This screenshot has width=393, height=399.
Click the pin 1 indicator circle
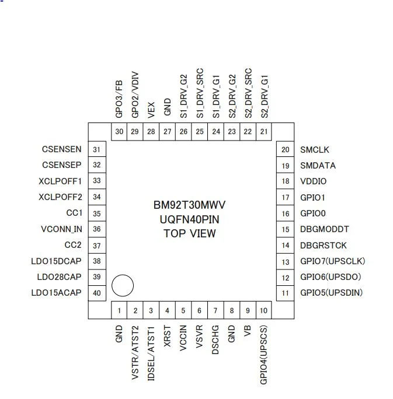point(123,286)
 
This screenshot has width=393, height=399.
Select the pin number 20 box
point(286,149)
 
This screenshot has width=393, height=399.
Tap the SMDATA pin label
point(318,166)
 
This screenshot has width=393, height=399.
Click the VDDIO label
point(313,181)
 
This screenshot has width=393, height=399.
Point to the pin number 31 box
point(97,149)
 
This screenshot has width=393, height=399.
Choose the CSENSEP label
point(62,165)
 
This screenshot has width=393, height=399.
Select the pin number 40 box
point(97,293)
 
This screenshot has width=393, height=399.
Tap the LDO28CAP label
point(59,276)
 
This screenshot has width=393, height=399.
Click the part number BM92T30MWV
point(190,206)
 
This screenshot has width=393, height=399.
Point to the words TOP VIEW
point(190,233)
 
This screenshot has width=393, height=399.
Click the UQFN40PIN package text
point(190,220)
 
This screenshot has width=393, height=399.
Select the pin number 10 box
point(264,310)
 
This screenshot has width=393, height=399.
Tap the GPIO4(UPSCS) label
point(264,354)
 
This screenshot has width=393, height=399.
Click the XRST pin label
point(168,337)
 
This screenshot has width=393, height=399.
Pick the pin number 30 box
point(119,131)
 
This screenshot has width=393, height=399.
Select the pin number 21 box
point(264,131)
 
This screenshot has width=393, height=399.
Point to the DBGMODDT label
point(324,229)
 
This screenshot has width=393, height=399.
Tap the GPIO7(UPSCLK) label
point(332,261)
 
